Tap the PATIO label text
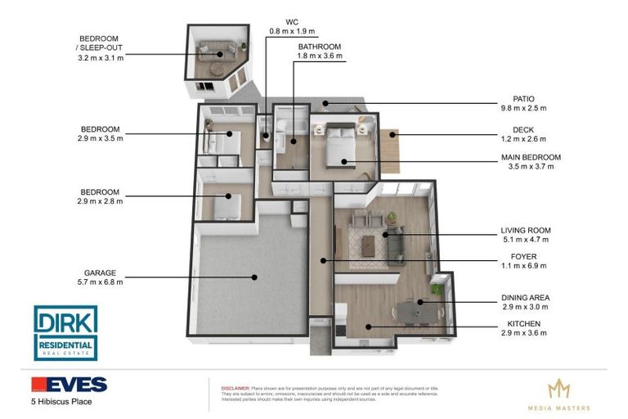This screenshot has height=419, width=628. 523,98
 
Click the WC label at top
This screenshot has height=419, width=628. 291,21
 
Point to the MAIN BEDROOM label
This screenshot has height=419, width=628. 531,157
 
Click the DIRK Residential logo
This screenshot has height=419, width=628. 65,333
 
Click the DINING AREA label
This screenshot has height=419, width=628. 525,298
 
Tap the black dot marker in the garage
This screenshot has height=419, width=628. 255,277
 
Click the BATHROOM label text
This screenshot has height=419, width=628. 319,47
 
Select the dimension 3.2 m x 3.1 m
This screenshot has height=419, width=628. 100,59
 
